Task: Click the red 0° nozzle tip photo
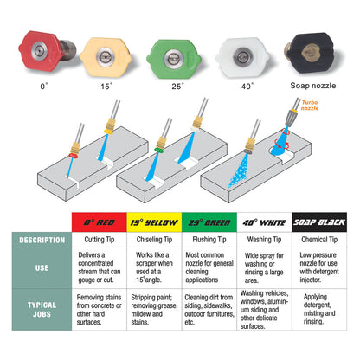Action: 46,51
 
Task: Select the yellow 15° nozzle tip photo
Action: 106,57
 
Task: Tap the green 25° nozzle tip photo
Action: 174,59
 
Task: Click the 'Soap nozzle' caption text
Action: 313,86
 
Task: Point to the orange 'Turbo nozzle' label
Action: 310,106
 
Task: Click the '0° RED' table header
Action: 100,222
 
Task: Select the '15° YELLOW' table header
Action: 154,222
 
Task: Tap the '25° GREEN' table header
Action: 209,222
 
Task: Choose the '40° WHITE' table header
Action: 264,222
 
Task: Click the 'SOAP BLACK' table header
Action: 319,222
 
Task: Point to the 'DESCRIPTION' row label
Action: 42,240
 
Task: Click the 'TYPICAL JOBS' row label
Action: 42,310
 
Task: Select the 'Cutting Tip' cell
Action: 100,240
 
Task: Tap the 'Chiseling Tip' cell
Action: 154,240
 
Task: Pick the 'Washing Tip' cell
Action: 264,240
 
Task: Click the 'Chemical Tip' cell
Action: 319,240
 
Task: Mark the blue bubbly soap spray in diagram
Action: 239,172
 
